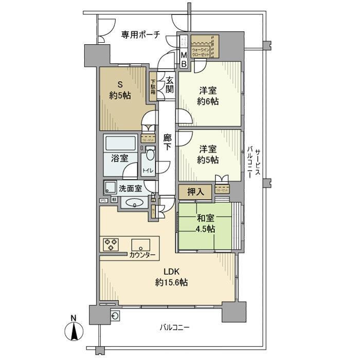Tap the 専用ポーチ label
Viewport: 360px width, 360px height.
point(140,34)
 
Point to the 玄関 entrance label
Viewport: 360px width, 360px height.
point(169,84)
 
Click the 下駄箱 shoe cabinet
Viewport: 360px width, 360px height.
point(153,85)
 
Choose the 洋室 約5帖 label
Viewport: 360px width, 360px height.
point(208,154)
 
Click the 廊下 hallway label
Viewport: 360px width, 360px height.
point(167,142)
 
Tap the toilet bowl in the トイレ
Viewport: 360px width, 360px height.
point(150,155)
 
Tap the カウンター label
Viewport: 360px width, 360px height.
point(141,254)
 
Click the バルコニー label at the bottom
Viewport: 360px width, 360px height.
point(173,327)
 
